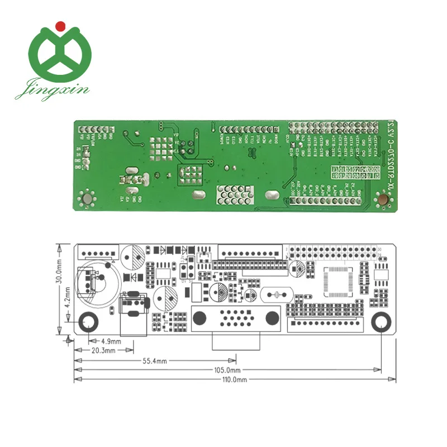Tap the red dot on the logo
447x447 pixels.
pyautogui.click(x=60, y=25)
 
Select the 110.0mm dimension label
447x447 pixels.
pyautogui.click(x=235, y=379)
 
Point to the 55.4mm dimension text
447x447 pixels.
pyautogui.click(x=157, y=361)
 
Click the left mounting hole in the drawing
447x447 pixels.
pyautogui.click(x=88, y=322)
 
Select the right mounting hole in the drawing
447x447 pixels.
pyautogui.click(x=381, y=322)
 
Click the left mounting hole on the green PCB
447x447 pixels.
pyautogui.click(x=87, y=198)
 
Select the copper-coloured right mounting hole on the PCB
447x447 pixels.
pyautogui.click(x=384, y=199)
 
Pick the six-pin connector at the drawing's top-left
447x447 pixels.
pyautogui.click(x=98, y=252)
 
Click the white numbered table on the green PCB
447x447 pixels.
pyautogui.click(x=353, y=172)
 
